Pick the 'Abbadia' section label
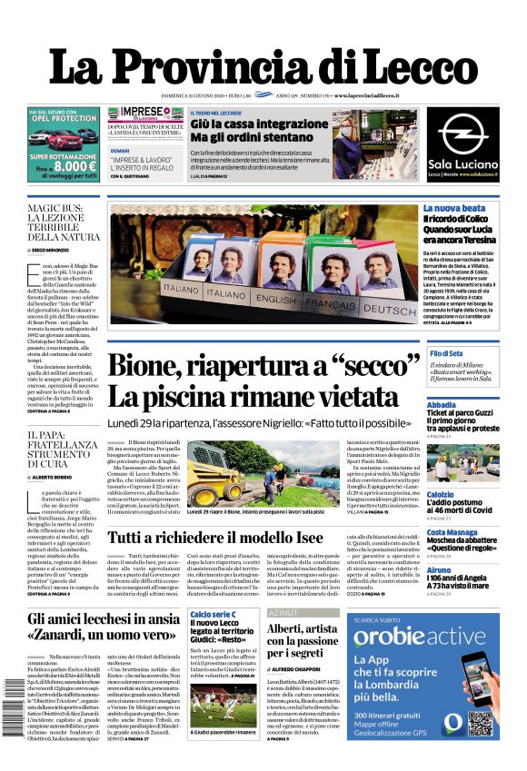[x=442, y=405]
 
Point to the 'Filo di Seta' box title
[x=447, y=352]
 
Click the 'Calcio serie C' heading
[x=214, y=615]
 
